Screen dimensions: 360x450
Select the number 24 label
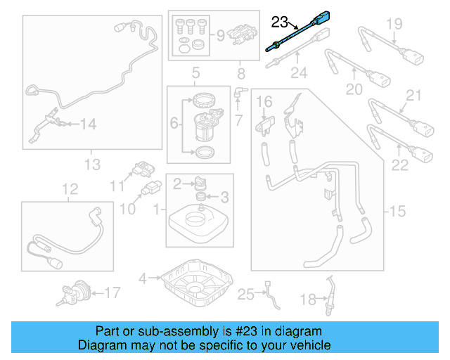tap(300, 73)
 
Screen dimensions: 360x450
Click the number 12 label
tap(69, 188)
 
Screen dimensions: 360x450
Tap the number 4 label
tap(143, 278)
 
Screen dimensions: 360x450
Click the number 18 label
tap(308, 300)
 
